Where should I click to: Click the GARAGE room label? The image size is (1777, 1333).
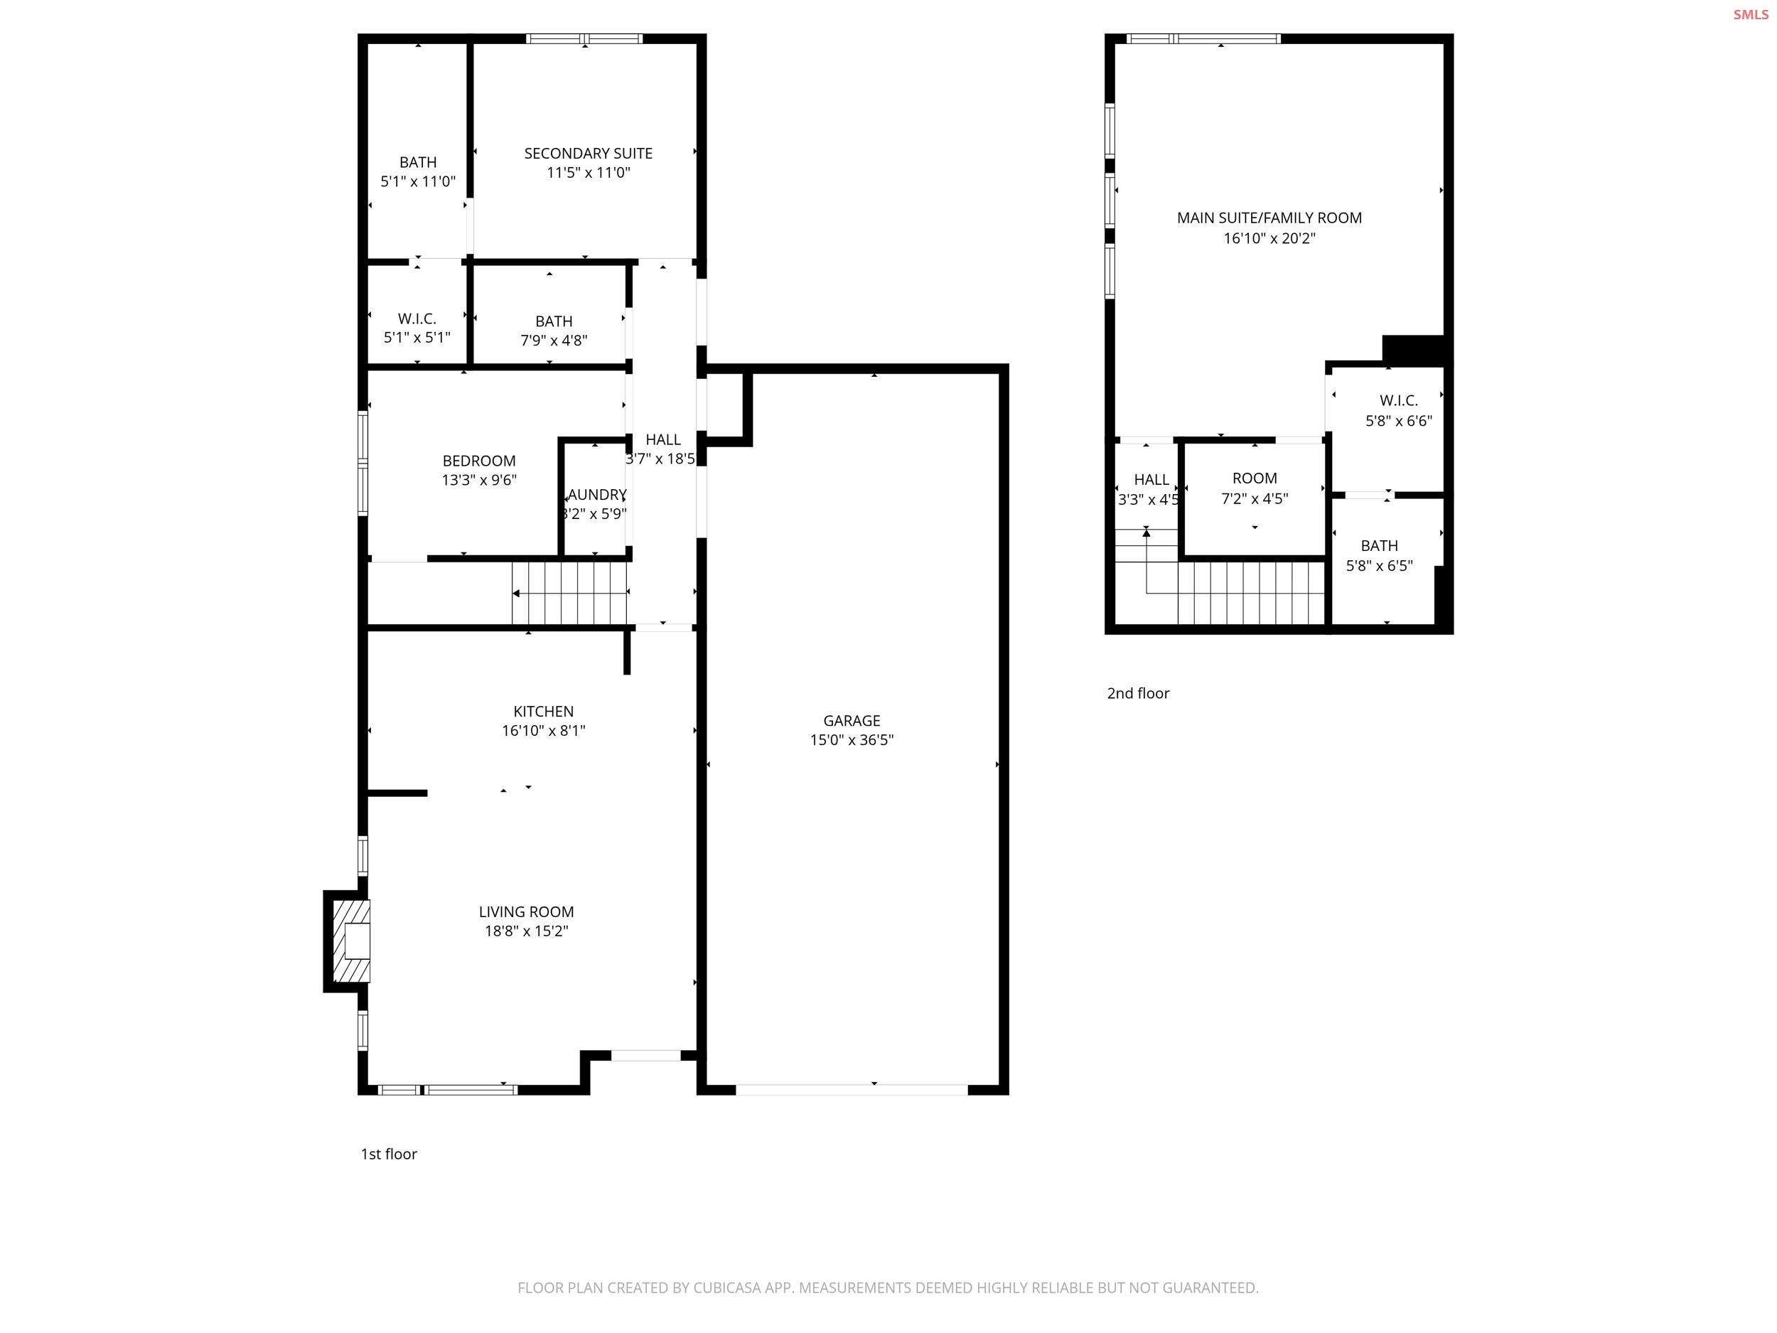pyautogui.click(x=851, y=721)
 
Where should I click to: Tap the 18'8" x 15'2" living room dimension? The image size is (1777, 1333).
pyautogui.click(x=525, y=931)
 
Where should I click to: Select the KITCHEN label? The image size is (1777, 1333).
pyautogui.click(x=543, y=711)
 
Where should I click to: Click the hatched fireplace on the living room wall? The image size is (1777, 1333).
pyautogui.click(x=353, y=941)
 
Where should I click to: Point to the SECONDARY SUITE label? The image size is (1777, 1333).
pyautogui.click(x=588, y=154)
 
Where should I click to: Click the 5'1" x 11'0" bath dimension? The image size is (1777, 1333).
pyautogui.click(x=418, y=181)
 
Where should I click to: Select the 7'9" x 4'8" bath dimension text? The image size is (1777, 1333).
pyautogui.click(x=554, y=341)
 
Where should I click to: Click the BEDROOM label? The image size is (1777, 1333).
pyautogui.click(x=479, y=461)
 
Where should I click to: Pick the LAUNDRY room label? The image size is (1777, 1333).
pyautogui.click(x=596, y=495)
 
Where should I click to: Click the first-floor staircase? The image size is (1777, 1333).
pyautogui.click(x=569, y=593)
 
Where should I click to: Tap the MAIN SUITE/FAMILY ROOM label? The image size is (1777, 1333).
pyautogui.click(x=1269, y=218)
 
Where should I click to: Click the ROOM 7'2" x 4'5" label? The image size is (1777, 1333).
pyautogui.click(x=1254, y=488)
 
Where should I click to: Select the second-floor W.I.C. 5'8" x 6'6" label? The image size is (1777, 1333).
pyautogui.click(x=1398, y=409)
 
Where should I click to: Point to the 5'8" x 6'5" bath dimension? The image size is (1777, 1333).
pyautogui.click(x=1378, y=566)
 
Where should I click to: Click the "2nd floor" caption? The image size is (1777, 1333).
pyautogui.click(x=1137, y=693)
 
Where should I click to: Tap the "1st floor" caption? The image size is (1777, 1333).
pyautogui.click(x=389, y=1154)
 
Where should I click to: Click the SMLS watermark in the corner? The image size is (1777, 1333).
pyautogui.click(x=1750, y=14)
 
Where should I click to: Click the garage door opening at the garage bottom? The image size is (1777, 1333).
pyautogui.click(x=852, y=1090)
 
